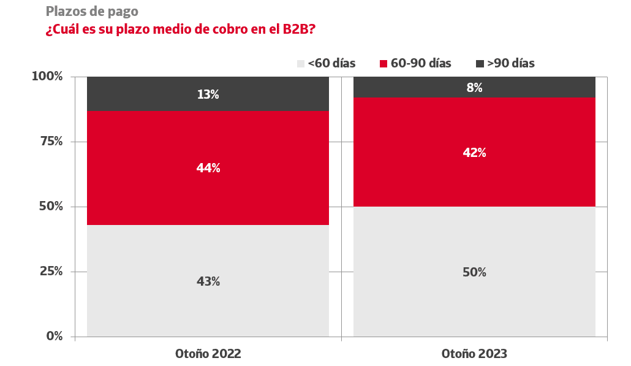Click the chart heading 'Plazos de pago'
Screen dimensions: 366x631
click(92, 11)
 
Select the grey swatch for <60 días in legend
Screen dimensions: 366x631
click(301, 64)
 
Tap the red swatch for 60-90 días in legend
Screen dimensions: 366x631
click(384, 64)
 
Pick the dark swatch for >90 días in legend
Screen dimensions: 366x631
click(480, 64)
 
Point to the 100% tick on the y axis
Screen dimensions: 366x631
click(47, 77)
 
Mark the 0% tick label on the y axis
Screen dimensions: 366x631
click(54, 337)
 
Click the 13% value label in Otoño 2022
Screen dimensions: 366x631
click(208, 94)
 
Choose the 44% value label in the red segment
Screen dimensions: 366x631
click(208, 168)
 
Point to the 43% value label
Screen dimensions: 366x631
click(208, 281)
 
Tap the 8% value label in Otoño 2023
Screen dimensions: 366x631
click(474, 88)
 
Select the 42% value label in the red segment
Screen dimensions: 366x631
click(474, 153)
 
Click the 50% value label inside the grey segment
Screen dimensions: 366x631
click(474, 272)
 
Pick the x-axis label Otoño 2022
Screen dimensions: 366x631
click(208, 354)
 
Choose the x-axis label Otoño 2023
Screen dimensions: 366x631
click(474, 354)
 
